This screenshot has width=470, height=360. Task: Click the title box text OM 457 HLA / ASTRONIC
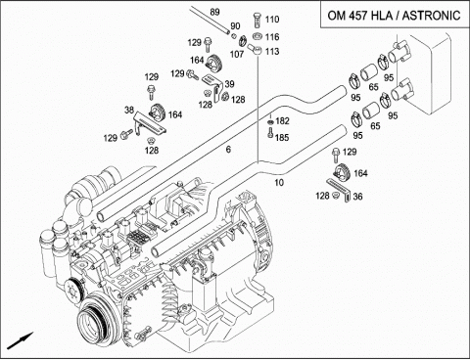coord(394,16)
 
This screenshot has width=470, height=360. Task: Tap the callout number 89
coord(214,12)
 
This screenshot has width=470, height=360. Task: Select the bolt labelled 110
coord(257,21)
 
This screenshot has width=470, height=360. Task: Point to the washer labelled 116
coord(258,36)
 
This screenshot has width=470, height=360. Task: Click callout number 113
coord(272,51)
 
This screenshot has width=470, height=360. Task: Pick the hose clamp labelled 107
coord(243,41)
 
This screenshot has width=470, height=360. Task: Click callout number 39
coord(229,84)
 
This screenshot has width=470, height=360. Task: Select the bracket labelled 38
coord(150,123)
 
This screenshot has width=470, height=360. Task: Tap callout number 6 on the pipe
coord(228,150)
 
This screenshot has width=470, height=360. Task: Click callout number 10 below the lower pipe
coord(279,182)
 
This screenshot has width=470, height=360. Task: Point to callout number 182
coord(282,121)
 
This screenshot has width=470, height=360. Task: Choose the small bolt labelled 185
coord(270,133)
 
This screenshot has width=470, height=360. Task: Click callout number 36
coord(357,197)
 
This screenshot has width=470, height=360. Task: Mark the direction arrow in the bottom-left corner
coord(21,340)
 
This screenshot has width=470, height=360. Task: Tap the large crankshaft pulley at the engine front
coord(93,319)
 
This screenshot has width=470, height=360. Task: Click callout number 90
coord(235,26)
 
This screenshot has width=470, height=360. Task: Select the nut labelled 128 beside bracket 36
coord(334,196)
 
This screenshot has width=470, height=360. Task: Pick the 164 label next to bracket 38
coord(175,114)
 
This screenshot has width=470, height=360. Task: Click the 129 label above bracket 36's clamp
coord(350,152)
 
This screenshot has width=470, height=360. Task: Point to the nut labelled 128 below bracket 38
coord(151,141)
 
